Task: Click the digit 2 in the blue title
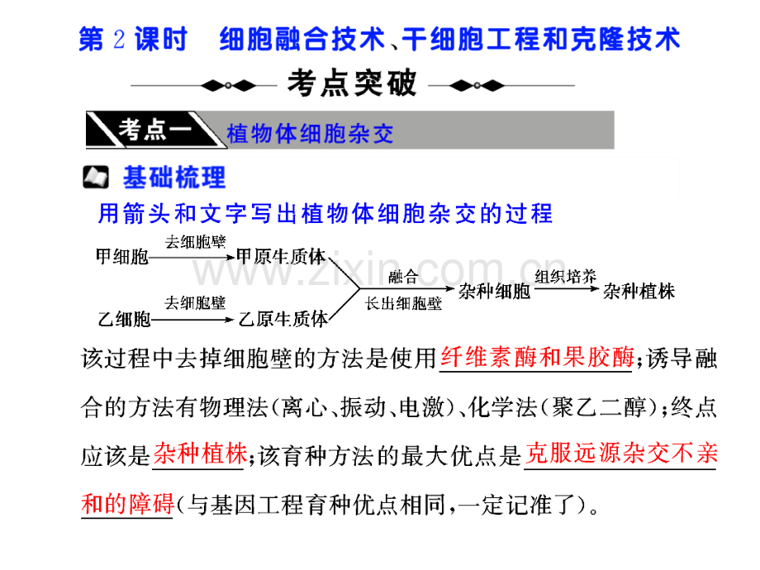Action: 119,39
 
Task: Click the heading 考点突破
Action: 352,83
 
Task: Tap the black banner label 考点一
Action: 155,130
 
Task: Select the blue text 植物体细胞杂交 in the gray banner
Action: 310,133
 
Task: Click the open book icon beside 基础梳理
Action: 96,177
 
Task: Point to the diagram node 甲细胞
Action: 122,256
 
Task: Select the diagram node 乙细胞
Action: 124,320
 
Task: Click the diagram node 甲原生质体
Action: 281,256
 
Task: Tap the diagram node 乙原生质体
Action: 283,319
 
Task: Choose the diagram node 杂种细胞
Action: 494,292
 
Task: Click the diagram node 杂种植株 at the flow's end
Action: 639,292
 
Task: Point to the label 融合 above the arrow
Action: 403,277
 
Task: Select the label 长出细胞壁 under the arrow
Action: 403,304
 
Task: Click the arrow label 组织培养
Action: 566,276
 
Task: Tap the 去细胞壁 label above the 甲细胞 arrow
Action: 195,242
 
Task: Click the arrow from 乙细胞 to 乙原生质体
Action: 192,320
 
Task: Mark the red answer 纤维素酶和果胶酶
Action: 537,357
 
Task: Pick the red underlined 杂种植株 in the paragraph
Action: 200,454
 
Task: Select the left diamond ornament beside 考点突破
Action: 228,86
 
